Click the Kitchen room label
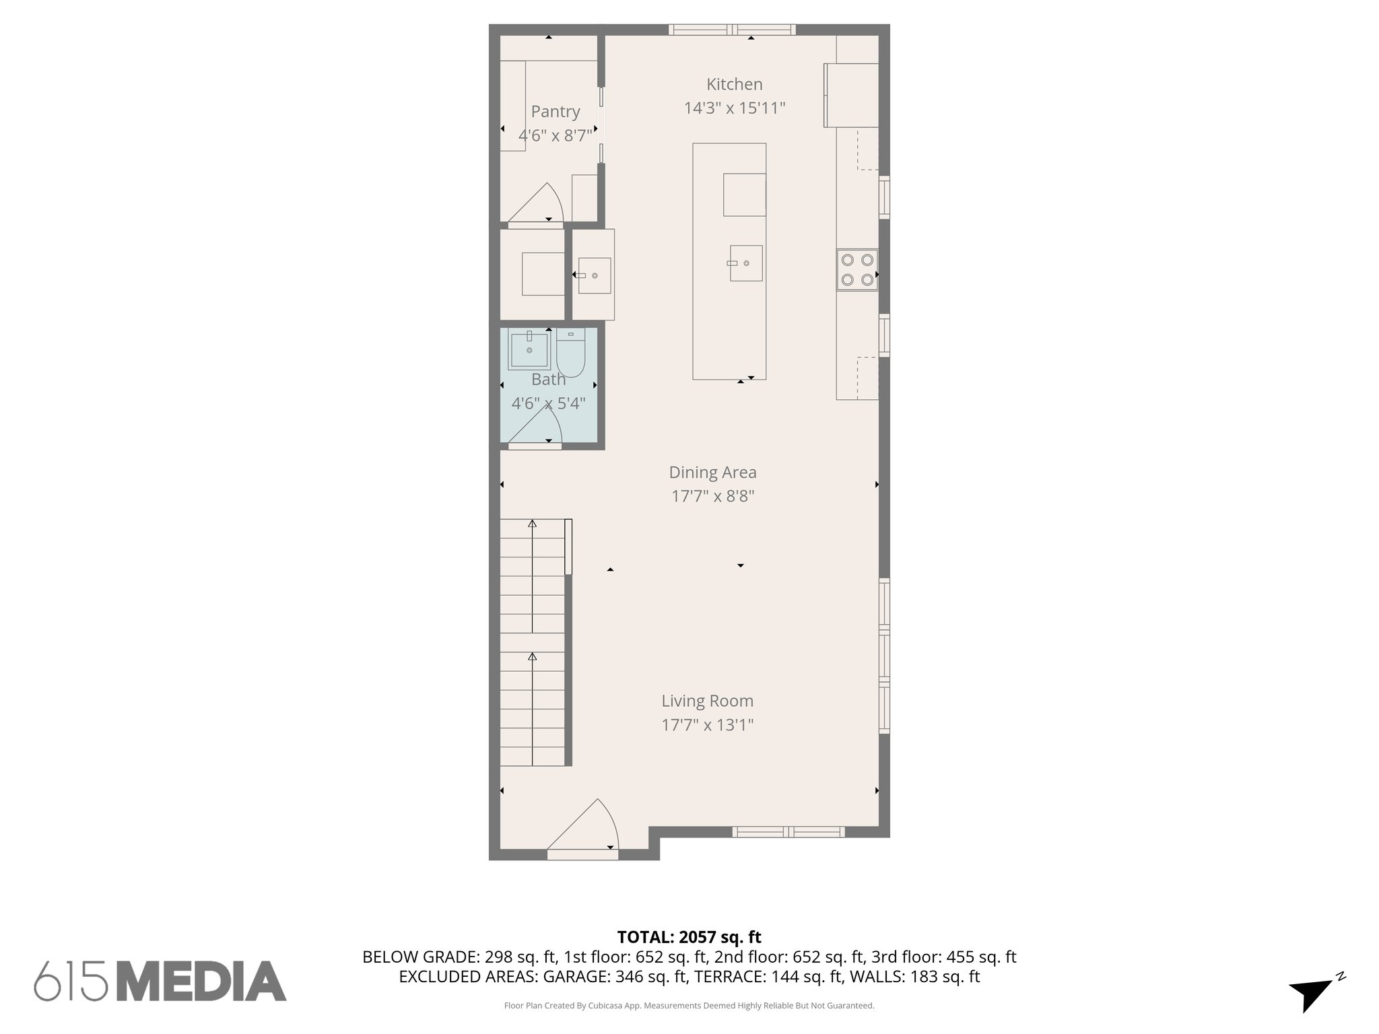(x=734, y=85)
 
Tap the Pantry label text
(x=555, y=112)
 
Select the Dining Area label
(x=712, y=473)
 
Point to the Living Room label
(x=707, y=701)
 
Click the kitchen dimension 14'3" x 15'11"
(x=735, y=108)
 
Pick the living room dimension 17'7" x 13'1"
(x=707, y=725)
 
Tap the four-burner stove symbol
(x=857, y=269)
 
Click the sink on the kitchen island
(x=745, y=263)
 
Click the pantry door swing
(x=536, y=203)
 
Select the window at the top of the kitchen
(x=732, y=30)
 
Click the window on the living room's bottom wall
(x=788, y=831)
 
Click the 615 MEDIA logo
(x=160, y=981)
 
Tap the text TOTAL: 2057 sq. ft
(x=689, y=937)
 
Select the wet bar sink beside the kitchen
(x=594, y=275)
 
